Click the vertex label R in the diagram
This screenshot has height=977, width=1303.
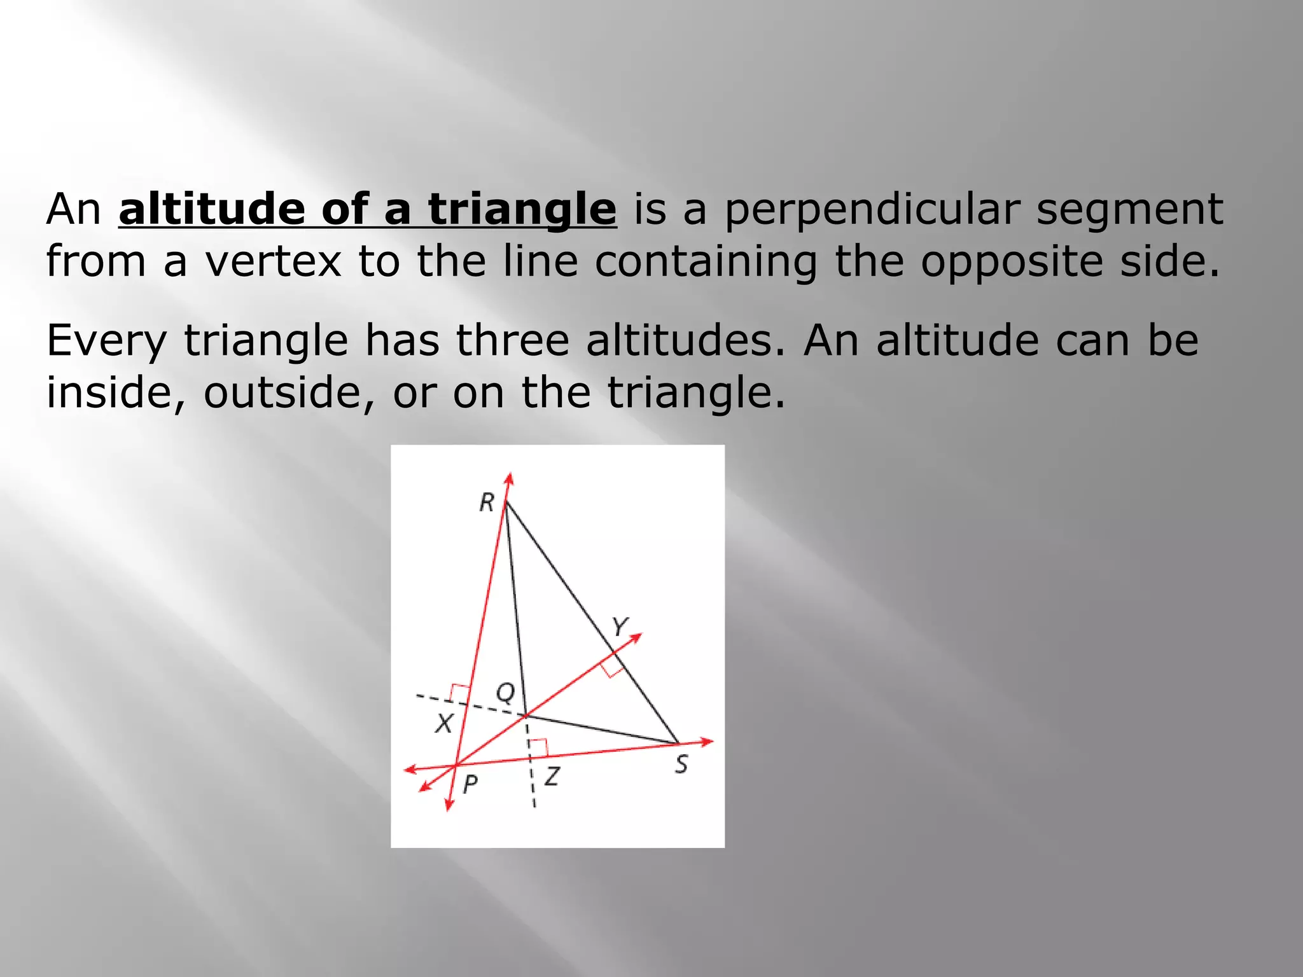click(487, 502)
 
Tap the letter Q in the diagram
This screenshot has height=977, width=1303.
click(506, 692)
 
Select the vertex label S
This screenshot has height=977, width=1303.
click(681, 764)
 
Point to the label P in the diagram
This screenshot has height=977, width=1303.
click(470, 784)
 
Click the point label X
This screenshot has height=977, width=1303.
click(444, 723)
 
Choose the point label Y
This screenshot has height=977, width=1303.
click(620, 627)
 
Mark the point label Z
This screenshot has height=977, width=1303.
click(552, 777)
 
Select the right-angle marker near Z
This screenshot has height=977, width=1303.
click(538, 749)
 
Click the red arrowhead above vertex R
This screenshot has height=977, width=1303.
click(509, 478)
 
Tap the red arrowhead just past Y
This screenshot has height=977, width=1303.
click(636, 637)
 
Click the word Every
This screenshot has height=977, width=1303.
click(106, 341)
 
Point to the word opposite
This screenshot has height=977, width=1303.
click(1011, 262)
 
